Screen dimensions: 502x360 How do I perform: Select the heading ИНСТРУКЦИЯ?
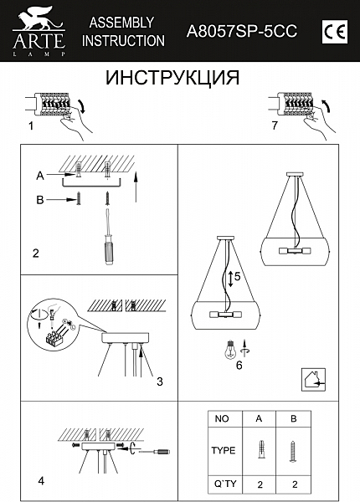[172, 78]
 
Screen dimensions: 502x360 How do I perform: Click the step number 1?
[30, 126]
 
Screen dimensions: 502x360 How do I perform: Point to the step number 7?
[274, 125]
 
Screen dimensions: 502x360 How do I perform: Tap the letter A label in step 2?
[39, 176]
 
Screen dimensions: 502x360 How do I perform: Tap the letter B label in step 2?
[39, 200]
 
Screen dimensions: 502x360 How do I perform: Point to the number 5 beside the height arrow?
[237, 276]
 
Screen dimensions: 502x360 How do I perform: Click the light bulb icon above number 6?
[228, 350]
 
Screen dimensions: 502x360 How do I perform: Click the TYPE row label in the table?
[223, 449]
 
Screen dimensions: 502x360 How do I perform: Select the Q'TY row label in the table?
[223, 483]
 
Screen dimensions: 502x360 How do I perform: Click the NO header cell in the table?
[223, 417]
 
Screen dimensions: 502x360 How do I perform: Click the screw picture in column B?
[292, 448]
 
